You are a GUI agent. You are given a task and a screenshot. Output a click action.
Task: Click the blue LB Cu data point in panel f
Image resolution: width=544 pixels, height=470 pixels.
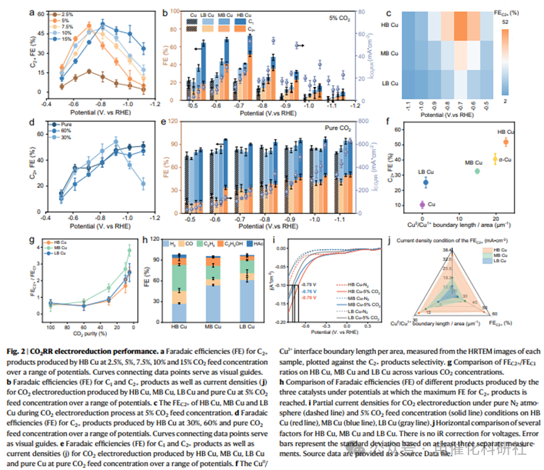[426, 182]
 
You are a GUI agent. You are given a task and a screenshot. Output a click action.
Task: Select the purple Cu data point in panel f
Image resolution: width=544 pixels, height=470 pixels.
[422, 204]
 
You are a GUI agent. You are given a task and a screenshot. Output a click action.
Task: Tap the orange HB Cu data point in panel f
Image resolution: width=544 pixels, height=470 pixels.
[506, 142]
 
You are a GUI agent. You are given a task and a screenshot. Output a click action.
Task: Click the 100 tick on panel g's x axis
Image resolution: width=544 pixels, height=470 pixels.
[50, 328]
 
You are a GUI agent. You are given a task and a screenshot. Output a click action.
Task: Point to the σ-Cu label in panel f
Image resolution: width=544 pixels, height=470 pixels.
[504, 160]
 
